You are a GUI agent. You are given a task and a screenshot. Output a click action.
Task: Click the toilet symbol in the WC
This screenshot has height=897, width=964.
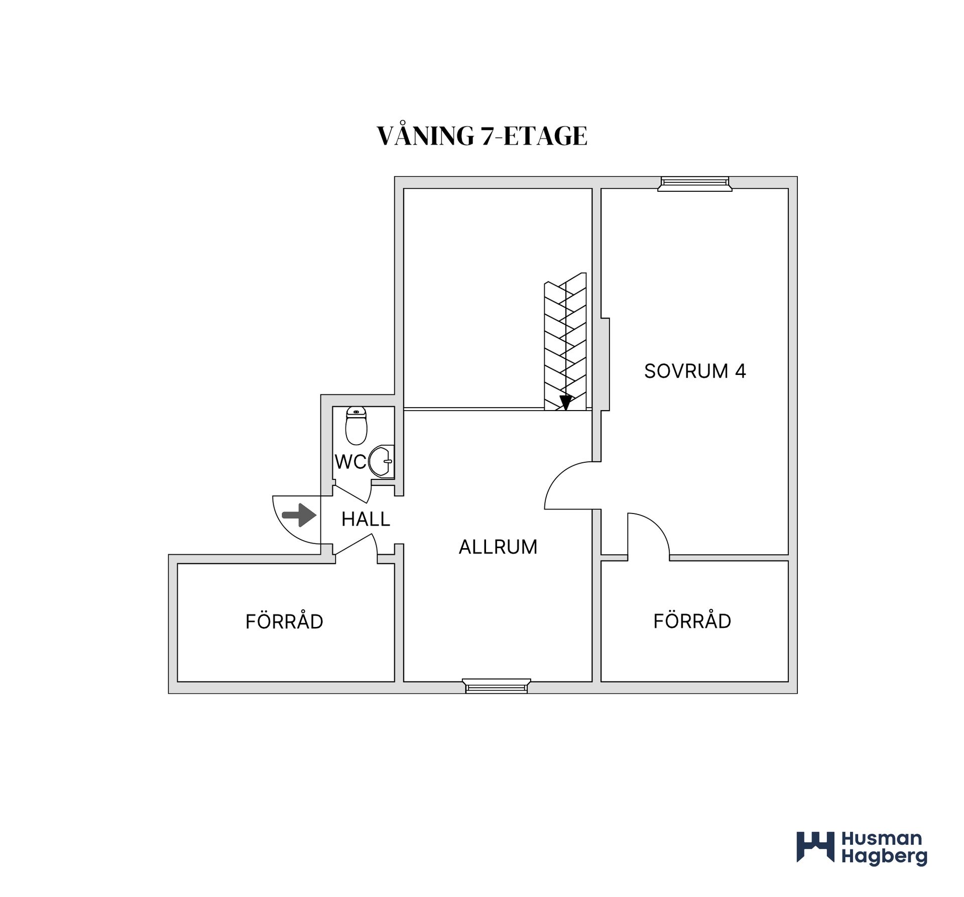point(356,426)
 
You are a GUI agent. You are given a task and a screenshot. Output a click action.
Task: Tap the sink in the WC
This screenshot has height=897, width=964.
point(382,461)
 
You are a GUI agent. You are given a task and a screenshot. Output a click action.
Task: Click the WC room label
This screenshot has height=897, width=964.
point(350,462)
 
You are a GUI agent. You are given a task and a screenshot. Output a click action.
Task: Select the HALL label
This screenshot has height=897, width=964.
point(366,519)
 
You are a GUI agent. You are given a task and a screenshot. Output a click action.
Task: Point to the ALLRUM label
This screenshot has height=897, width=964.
point(498,547)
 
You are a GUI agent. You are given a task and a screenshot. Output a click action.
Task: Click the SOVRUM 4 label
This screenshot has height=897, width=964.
point(695,371)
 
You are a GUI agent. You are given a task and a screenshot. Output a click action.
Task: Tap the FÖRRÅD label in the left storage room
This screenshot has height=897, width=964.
point(284,621)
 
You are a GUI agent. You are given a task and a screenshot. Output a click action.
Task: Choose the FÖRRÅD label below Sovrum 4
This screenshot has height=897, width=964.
point(692,621)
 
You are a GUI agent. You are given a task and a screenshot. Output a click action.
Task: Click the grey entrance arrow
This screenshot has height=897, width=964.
point(299,515)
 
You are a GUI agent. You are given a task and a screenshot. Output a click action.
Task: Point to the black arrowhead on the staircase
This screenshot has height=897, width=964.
point(566,403)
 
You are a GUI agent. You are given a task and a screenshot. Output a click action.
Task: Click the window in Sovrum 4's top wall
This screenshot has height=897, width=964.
point(695,184)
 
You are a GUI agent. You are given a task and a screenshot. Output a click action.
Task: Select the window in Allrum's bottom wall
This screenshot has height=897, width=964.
point(497,686)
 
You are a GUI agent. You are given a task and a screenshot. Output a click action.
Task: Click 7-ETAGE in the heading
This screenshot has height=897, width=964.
point(534,137)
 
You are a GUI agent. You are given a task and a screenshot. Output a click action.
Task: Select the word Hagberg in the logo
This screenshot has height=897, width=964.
point(884,857)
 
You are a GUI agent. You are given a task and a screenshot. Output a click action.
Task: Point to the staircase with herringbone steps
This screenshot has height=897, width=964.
point(565,341)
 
